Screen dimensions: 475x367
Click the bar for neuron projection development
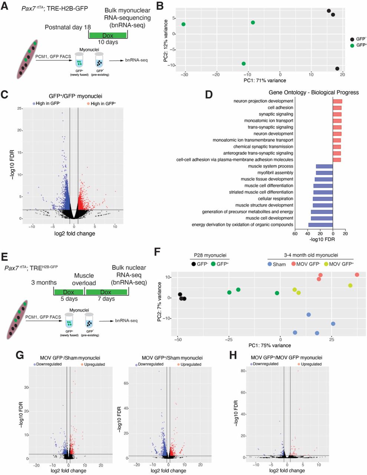pos(337,101)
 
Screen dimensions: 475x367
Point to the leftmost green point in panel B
pos(183,24)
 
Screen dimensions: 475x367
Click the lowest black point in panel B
pos(337,69)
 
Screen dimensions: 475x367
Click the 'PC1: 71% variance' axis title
pos(265,81)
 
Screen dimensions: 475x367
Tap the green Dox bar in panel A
pos(108,35)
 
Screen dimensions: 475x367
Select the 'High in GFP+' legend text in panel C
pos(103,104)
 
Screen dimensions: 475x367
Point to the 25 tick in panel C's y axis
pos(19,108)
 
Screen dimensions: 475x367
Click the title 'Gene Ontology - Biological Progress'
pos(314,92)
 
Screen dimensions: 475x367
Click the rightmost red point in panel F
pos(357,275)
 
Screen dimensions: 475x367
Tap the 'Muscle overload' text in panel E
pos(84,279)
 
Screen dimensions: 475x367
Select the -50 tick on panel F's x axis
pos(178,340)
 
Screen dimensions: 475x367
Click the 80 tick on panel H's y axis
pos(243,371)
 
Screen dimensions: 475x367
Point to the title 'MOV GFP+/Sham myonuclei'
pos(172,358)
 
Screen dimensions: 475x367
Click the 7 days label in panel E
pos(106,299)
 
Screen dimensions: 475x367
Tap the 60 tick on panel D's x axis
pos(295,234)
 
